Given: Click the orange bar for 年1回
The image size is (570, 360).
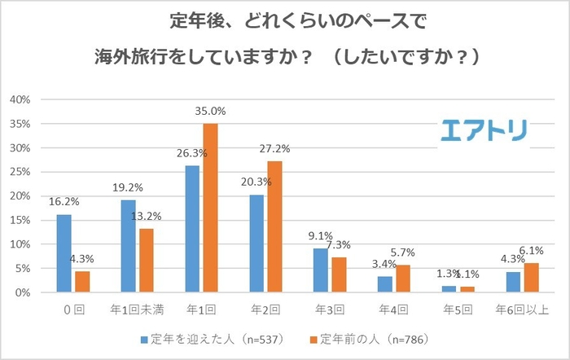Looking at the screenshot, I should [x=210, y=208].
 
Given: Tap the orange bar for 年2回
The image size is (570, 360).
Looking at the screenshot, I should [x=274, y=226].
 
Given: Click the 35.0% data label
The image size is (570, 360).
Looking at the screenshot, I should [x=210, y=111].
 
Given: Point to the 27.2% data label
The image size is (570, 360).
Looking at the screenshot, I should [x=274, y=149].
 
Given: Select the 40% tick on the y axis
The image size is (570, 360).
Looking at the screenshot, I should [x=20, y=99].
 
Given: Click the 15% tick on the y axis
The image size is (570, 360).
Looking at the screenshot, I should [x=20, y=220].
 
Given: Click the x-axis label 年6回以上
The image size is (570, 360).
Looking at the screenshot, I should [x=521, y=310].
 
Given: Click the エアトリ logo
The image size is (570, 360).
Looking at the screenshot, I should [x=485, y=130].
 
